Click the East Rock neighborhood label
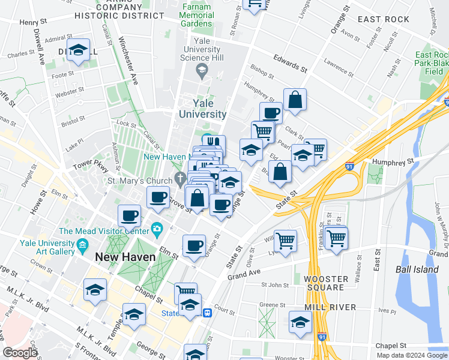click(383, 19)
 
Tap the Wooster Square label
click(325, 283)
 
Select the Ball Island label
click(417, 269)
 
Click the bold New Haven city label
click(125, 256)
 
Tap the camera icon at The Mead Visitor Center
click(157, 228)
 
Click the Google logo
click(20, 353)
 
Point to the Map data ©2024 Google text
click(412, 355)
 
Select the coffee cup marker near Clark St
click(271, 112)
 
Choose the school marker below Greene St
click(300, 322)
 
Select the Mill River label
click(330, 307)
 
